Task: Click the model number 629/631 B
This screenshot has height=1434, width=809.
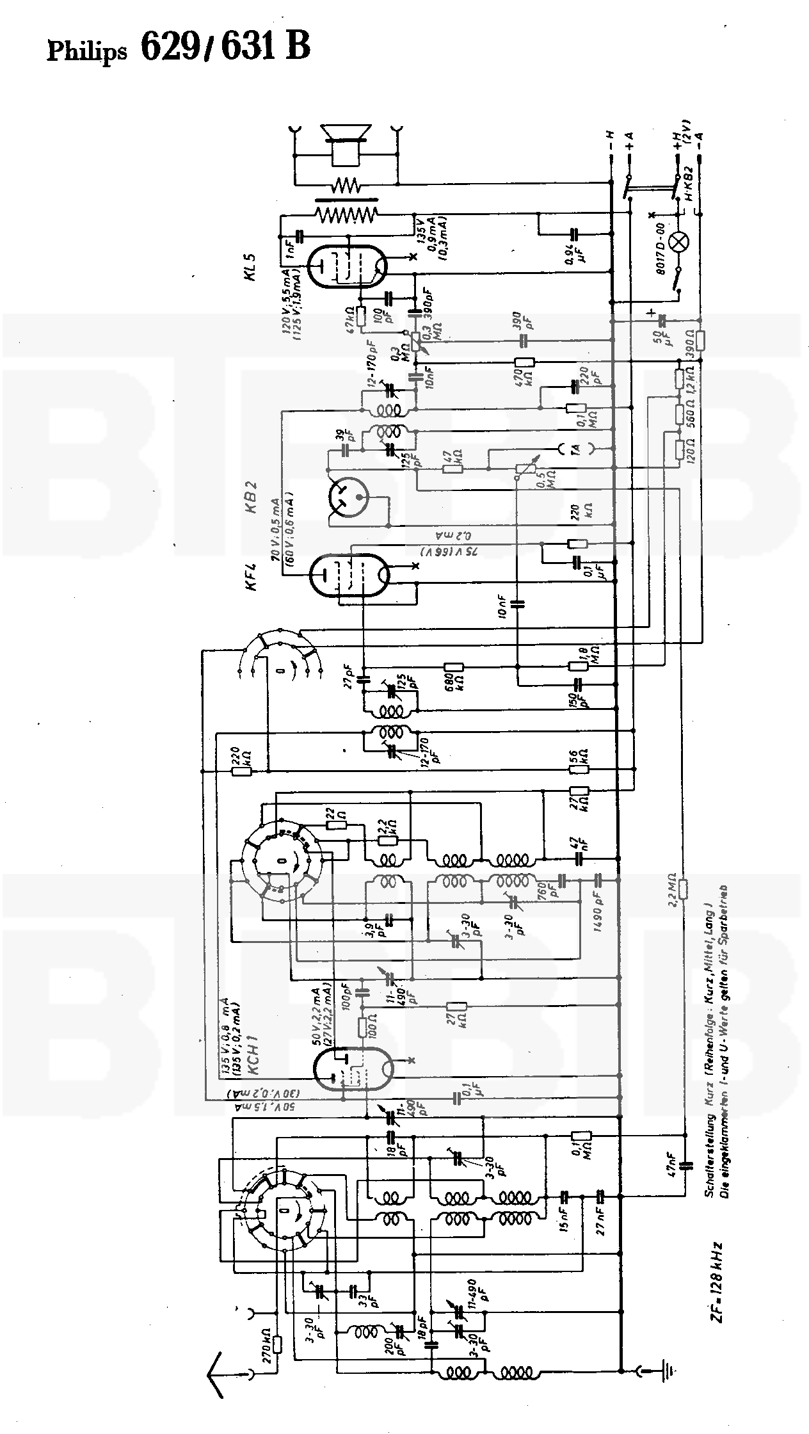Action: pos(225,47)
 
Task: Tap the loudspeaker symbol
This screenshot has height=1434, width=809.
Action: pos(346,143)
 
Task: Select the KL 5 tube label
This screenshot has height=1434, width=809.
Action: pos(250,267)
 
